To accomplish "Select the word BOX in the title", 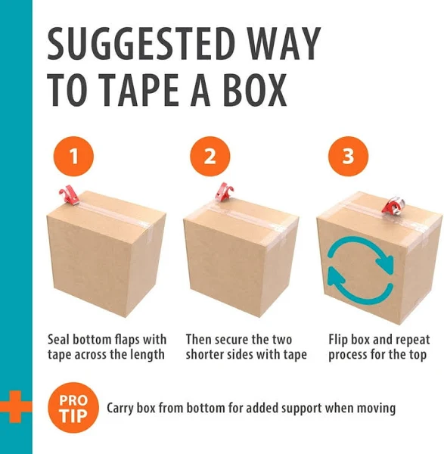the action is click(256, 90).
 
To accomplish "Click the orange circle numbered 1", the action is click(74, 157).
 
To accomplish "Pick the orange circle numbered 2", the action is click(210, 157).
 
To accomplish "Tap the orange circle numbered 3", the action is click(348, 157).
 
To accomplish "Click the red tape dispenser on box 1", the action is click(69, 195).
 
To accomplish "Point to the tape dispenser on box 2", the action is click(225, 191).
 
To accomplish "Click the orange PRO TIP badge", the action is click(73, 408).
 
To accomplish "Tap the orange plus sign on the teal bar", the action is click(15, 406).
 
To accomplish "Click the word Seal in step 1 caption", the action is click(59, 339).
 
